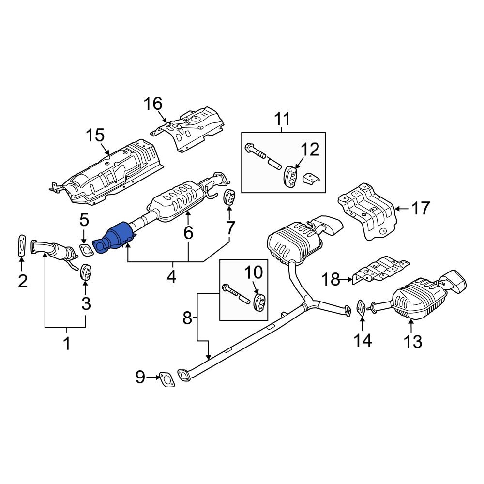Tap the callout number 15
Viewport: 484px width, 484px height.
[95, 135]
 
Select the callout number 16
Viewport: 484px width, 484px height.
[152, 104]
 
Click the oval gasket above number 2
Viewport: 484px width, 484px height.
[21, 245]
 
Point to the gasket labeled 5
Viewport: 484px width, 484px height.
[86, 250]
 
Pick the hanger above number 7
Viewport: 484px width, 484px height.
[229, 197]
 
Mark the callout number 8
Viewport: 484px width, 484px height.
[187, 318]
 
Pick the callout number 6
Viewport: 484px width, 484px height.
[188, 233]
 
